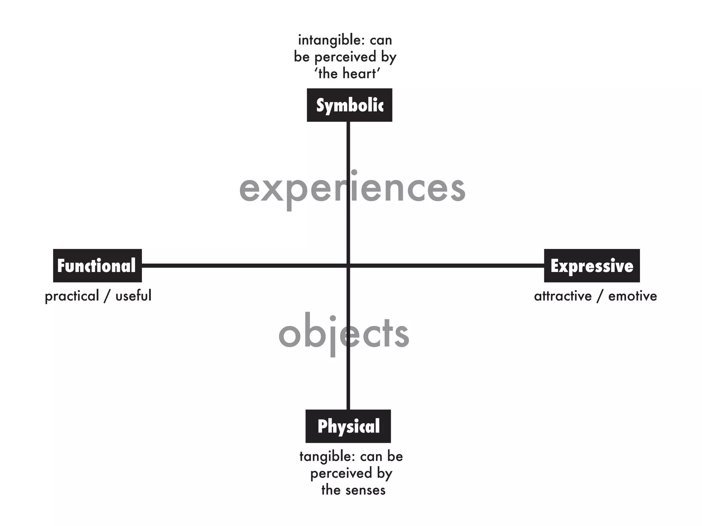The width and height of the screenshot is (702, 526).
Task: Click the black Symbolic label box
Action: [349, 105]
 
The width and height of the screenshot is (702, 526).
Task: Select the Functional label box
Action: [97, 266]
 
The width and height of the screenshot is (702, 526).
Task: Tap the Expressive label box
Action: [592, 266]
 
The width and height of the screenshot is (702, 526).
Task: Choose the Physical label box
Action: [348, 426]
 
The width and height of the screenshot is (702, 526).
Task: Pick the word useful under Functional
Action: [133, 296]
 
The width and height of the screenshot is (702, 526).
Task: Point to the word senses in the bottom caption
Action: [366, 490]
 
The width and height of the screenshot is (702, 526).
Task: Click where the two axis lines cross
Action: [348, 266]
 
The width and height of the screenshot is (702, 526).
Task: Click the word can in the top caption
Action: [380, 40]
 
